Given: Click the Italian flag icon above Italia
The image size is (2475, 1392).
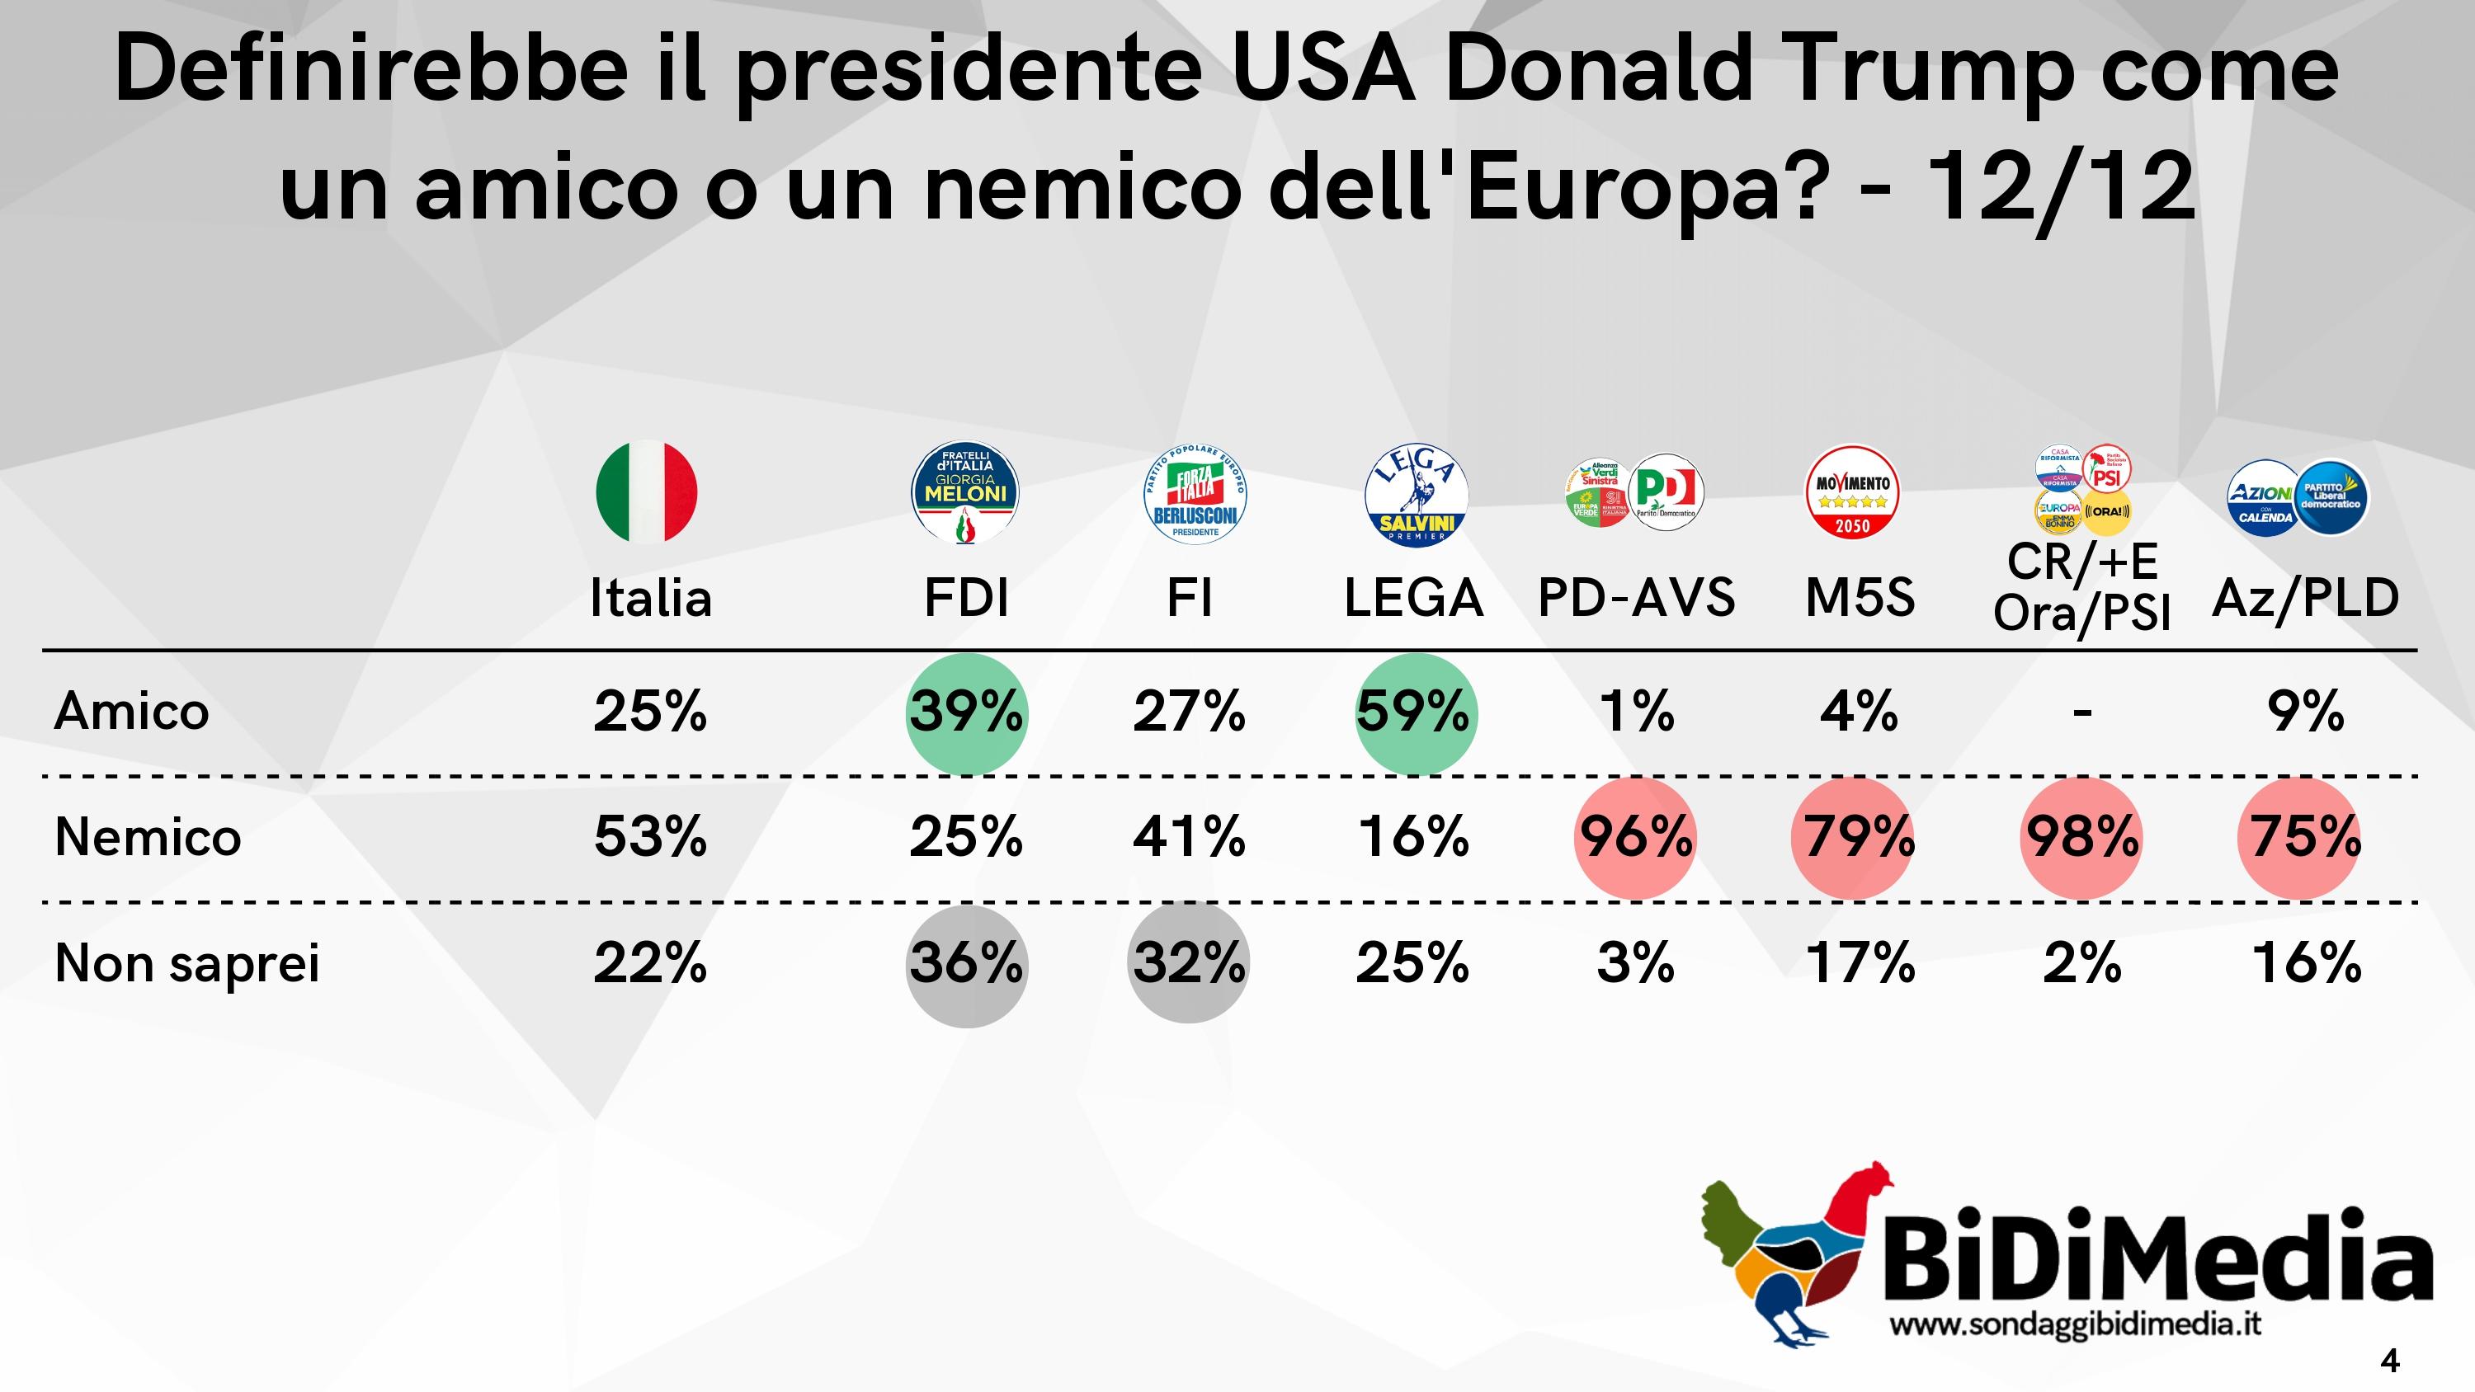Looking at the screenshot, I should (646, 491).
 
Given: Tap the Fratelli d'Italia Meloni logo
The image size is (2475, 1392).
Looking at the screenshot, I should (964, 493).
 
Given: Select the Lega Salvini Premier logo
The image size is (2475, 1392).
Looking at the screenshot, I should (1415, 495).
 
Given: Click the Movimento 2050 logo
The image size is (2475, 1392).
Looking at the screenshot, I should (1852, 491).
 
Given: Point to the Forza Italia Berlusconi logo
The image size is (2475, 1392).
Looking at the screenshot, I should (1195, 495).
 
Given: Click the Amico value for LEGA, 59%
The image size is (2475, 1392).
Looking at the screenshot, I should (1414, 712).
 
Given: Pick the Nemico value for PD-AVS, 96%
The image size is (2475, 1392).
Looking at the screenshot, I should (1635, 838).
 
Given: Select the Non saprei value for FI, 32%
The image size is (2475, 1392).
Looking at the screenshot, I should (1189, 963).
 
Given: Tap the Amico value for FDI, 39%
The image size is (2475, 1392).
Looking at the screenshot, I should (965, 712).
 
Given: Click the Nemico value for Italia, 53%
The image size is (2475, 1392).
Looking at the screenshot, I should (650, 838).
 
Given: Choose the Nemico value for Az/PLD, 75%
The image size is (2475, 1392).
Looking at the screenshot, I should (2305, 838).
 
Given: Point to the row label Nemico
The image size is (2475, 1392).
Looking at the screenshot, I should (148, 838).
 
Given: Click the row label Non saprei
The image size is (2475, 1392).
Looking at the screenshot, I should (187, 963).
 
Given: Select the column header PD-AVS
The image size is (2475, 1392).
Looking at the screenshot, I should (1636, 599).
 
